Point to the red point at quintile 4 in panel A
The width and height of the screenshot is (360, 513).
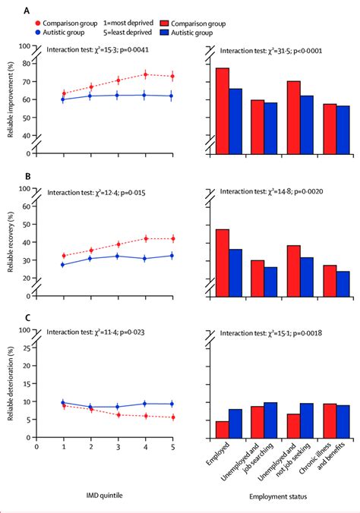[x=145, y=74]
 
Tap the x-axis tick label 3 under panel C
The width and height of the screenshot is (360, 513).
[x=118, y=447]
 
